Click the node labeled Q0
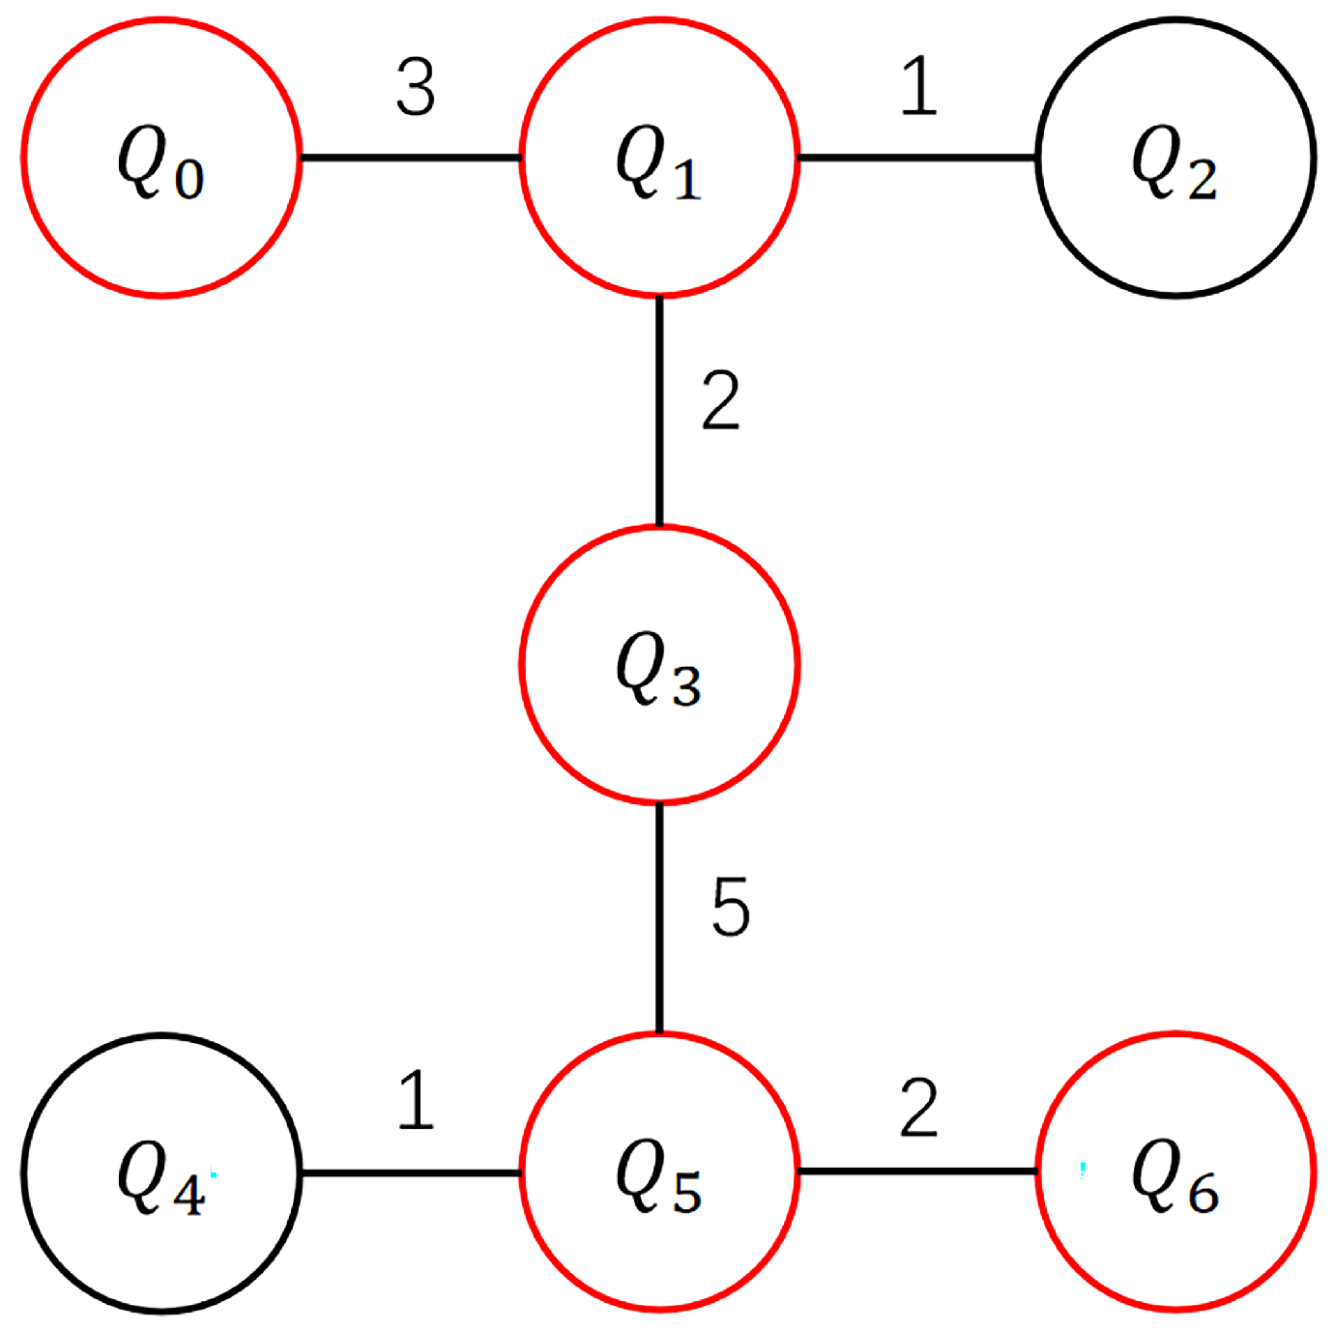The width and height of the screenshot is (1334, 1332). [161, 158]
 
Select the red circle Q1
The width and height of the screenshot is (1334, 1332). [659, 158]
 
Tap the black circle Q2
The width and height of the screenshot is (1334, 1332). [1175, 158]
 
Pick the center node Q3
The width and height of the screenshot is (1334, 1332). [659, 665]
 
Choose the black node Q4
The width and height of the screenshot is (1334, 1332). [161, 1173]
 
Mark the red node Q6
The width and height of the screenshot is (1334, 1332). [1175, 1172]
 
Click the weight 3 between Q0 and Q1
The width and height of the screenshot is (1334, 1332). [416, 88]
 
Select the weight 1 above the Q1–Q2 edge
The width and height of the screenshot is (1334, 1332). [919, 86]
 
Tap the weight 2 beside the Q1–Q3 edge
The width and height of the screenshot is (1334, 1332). [720, 400]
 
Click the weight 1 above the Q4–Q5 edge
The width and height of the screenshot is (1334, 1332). [416, 1100]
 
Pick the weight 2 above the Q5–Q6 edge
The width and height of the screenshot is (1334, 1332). [918, 1108]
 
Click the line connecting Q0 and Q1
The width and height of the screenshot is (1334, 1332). [411, 158]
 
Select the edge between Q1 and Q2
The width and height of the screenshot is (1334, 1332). [918, 158]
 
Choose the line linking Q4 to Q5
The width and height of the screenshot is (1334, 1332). [411, 1173]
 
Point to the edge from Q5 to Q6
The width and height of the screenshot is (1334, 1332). [918, 1172]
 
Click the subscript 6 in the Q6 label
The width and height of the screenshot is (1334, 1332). [1203, 1197]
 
